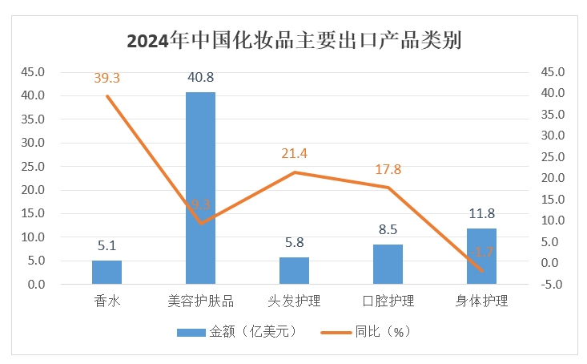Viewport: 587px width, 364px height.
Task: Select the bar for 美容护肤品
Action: click(200, 188)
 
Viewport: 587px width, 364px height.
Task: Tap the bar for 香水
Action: click(107, 273)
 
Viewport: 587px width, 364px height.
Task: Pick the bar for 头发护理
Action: click(294, 271)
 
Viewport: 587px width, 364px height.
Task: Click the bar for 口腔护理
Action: click(388, 265)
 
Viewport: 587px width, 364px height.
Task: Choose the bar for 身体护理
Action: click(481, 257)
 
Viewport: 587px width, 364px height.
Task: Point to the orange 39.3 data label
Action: click(107, 79)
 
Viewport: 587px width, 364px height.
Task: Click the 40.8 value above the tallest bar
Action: click(200, 79)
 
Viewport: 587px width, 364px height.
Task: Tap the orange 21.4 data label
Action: click(294, 154)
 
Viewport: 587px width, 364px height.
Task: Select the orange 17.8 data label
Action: click(388, 169)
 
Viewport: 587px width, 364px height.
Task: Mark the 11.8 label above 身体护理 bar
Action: click(481, 214)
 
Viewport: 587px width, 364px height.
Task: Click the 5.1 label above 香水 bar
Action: click(107, 246)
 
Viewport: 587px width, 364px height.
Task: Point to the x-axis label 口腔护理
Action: click(388, 301)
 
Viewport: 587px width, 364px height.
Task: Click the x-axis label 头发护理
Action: click(294, 301)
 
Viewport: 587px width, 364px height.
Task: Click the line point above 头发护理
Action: click(294, 172)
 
